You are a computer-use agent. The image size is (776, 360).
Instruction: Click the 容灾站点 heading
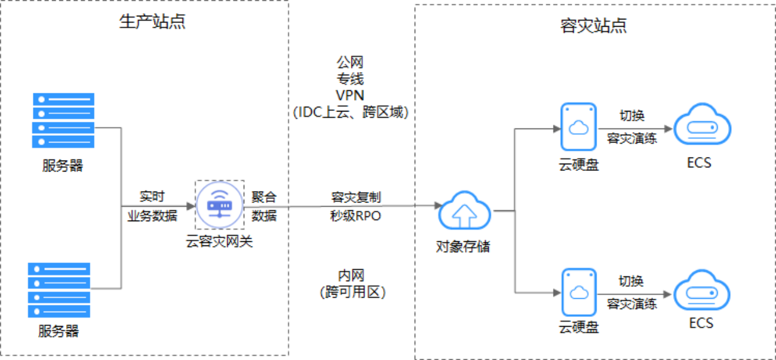tap(594, 25)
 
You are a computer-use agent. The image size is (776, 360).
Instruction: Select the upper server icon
tap(63, 120)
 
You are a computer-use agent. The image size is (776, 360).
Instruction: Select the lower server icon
tap(59, 290)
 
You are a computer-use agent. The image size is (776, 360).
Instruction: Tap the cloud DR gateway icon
tap(219, 206)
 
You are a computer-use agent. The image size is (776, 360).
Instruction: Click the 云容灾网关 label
tap(219, 242)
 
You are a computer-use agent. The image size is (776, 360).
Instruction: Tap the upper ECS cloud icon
tap(702, 127)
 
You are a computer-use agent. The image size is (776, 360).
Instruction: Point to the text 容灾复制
tap(356, 198)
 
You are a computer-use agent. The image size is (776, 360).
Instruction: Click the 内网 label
tap(352, 276)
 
